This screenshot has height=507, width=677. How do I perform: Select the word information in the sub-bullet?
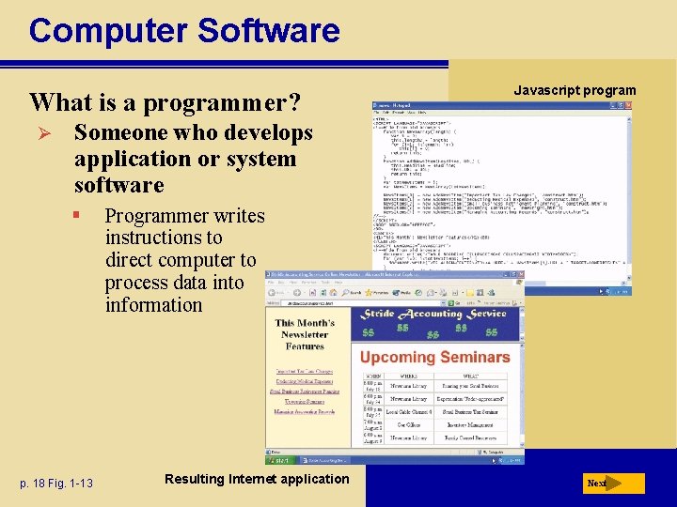[x=153, y=305]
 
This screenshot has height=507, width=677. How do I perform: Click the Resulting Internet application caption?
[x=256, y=479]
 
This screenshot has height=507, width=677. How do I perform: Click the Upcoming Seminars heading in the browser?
[x=434, y=357]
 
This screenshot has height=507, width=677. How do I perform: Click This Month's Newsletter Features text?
[x=305, y=334]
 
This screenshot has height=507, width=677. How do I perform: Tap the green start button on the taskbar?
[x=279, y=459]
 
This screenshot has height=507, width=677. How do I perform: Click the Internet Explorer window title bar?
[x=376, y=276]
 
